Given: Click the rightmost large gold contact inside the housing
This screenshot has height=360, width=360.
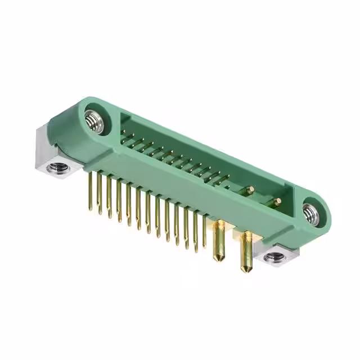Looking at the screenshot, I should [277, 201].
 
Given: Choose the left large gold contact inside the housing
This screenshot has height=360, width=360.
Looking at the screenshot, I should [250, 190].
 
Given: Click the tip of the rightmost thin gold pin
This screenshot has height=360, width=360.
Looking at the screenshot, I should [205, 247].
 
